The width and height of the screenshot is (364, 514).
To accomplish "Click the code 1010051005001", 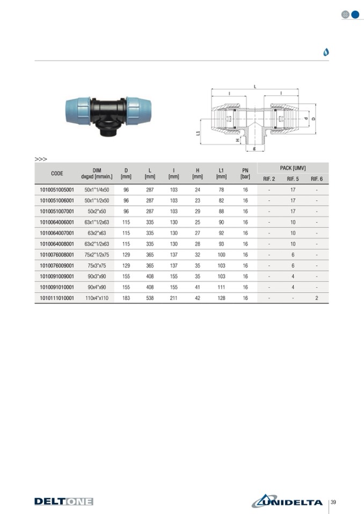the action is coord(57,190).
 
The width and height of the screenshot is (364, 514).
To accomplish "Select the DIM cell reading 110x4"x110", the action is coord(97,298).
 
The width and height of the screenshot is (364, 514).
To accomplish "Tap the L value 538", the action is coord(150,298).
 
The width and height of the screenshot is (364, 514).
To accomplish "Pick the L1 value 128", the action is coord(221,298).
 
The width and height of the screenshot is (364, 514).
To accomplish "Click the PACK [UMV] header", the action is coord(293,168).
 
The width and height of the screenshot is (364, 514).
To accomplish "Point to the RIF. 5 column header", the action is coord(293,179).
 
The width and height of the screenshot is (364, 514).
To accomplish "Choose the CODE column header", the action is coord(57,174).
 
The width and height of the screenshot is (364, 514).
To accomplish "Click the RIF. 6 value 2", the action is coord(317,298).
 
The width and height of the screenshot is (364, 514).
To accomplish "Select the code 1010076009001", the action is coord(57,265).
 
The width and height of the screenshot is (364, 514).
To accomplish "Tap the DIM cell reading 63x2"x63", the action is coord(97,233).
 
